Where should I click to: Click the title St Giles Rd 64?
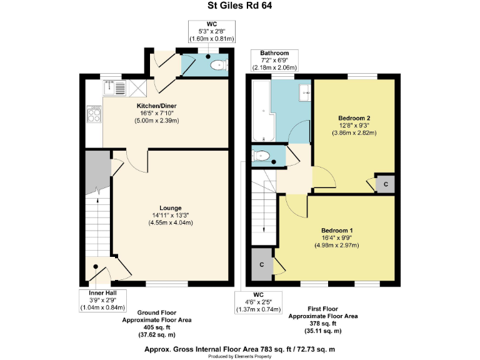pos(240,7)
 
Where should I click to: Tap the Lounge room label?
pos(170,207)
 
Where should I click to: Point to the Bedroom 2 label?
pos(354,117)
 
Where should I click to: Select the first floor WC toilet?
pos(261,156)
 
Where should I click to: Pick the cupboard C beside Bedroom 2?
pos(386,184)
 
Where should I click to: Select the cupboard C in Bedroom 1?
pos(261,264)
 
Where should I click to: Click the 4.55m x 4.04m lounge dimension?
pos(170,222)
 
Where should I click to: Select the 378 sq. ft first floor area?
pos(323,323)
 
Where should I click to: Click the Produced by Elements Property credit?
pos(240,356)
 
